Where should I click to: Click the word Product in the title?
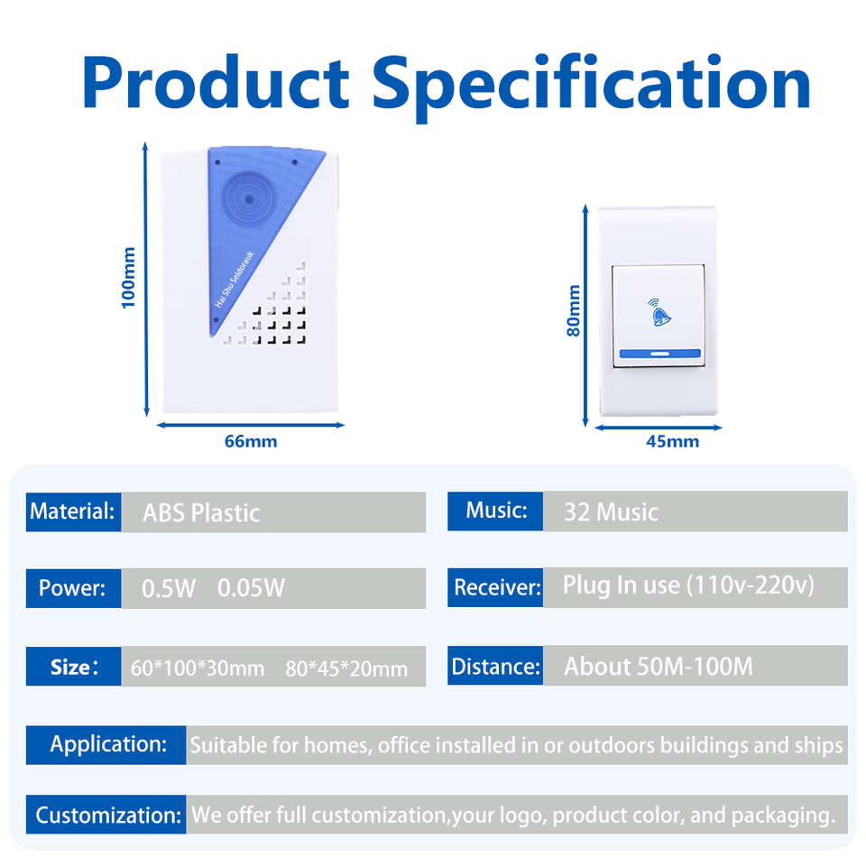(216, 82)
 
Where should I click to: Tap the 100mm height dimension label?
(128, 278)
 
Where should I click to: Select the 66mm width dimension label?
(251, 441)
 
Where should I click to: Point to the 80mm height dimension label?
(574, 310)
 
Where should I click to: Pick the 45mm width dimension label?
(673, 441)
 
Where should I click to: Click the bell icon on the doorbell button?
(659, 312)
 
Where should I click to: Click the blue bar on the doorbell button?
(660, 354)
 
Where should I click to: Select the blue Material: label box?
(73, 512)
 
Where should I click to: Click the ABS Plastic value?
(201, 513)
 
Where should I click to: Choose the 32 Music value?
(611, 512)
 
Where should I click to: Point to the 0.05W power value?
(252, 588)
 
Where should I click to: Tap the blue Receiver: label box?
(495, 587)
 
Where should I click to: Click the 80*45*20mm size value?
(346, 668)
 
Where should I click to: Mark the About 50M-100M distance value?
(659, 666)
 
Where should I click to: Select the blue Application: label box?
(106, 745)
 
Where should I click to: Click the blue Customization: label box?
(106, 814)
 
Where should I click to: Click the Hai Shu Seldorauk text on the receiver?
(235, 280)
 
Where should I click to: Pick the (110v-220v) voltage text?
(751, 585)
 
